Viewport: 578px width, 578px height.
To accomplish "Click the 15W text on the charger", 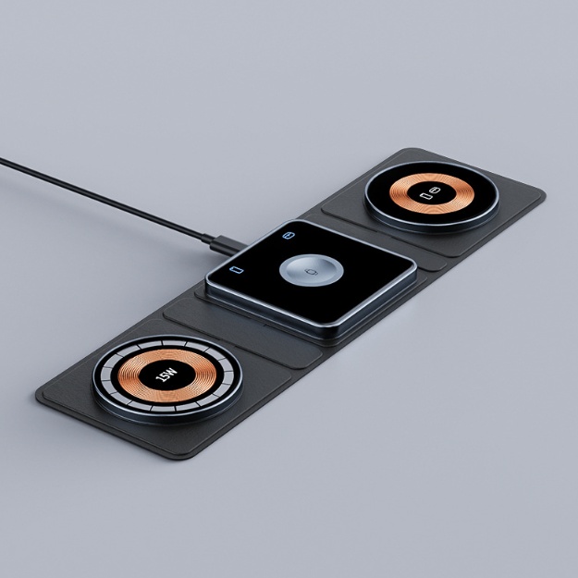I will pyautogui.click(x=166, y=375).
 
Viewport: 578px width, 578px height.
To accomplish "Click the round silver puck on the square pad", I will pyautogui.click(x=310, y=275).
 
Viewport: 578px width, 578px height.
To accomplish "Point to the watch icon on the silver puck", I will pyautogui.click(x=310, y=274).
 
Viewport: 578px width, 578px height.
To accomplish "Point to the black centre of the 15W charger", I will pyautogui.click(x=166, y=376).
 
